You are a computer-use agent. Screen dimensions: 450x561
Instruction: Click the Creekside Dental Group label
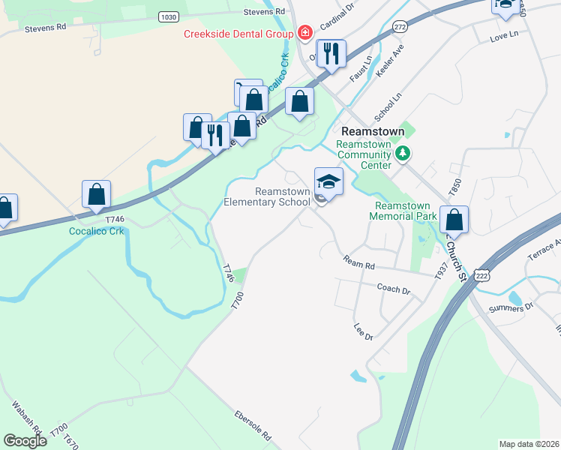tap(239, 34)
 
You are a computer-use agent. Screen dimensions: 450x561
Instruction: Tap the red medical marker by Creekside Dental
tap(304, 33)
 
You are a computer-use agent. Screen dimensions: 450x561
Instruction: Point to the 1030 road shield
tap(169, 16)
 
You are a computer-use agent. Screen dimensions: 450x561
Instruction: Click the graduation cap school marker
tap(329, 182)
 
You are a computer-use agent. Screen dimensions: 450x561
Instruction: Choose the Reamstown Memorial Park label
tap(402, 211)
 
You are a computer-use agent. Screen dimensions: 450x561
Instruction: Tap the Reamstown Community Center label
tap(364, 154)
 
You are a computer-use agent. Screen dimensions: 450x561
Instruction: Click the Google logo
tap(25, 441)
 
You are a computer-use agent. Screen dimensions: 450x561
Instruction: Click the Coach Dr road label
tap(394, 289)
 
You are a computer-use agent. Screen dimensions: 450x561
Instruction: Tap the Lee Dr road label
tap(363, 332)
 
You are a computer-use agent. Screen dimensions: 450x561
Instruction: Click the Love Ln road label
tap(503, 36)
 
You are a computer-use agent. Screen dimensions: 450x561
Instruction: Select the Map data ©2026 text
tap(529, 444)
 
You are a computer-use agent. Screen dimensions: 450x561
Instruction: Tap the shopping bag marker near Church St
tap(454, 220)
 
